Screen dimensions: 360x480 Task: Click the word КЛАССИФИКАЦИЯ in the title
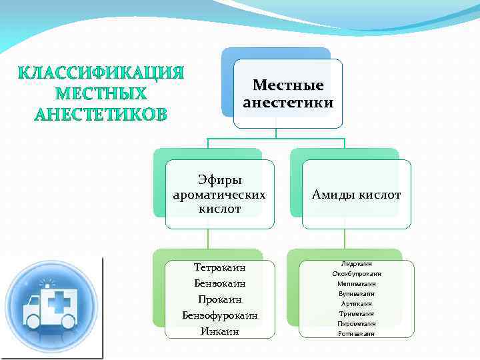tap(101, 72)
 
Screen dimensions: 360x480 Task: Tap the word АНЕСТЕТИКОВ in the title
tap(101, 114)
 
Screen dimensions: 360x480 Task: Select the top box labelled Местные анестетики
tap(288, 94)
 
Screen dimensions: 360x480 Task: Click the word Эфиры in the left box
tap(219, 180)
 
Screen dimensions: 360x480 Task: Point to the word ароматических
tap(219, 195)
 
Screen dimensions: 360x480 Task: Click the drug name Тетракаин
tap(219, 268)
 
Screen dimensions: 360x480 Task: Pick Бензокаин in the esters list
tap(219, 283)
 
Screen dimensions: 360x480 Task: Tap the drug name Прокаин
tap(219, 299)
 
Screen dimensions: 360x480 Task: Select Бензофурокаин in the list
tap(219, 315)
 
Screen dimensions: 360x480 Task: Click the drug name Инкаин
tap(219, 330)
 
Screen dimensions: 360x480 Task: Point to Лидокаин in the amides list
tap(356, 264)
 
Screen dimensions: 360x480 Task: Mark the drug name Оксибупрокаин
tap(356, 274)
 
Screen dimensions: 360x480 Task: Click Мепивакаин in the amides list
tap(356, 283)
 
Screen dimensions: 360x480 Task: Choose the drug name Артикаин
tap(356, 303)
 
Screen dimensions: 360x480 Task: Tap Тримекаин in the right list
tap(356, 313)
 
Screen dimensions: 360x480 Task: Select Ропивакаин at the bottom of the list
tap(356, 333)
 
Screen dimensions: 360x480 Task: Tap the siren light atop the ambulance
tap(47, 283)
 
